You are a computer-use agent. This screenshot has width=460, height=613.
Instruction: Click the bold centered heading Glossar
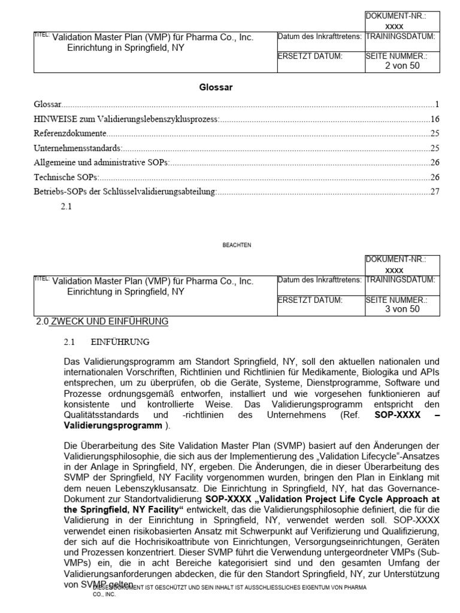click(x=216, y=87)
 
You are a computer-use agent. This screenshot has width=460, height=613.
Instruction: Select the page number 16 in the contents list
click(x=435, y=119)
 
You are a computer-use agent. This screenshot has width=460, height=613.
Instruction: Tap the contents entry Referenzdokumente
click(x=70, y=133)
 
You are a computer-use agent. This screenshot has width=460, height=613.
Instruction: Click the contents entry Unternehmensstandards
click(x=77, y=148)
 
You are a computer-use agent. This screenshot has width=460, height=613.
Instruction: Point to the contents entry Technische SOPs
click(x=66, y=177)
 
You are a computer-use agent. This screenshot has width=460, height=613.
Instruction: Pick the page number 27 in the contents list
click(x=435, y=192)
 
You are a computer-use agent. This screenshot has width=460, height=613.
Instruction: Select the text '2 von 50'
click(x=402, y=66)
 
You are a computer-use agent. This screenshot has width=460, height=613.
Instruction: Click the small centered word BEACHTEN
click(x=237, y=244)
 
